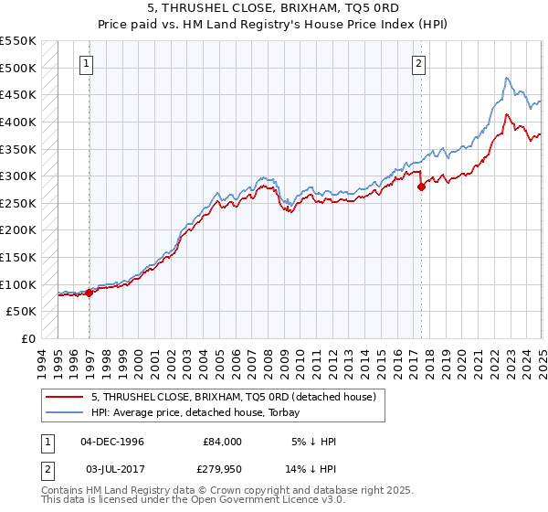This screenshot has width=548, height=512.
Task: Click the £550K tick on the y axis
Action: click(x=18, y=41)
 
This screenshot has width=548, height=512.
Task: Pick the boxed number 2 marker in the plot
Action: click(x=418, y=64)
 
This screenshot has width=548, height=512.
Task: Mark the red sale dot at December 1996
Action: click(x=90, y=293)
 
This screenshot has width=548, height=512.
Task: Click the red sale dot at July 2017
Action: click(x=421, y=187)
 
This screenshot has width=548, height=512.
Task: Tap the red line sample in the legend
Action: click(x=65, y=397)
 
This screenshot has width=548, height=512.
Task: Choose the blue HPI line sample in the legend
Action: click(x=65, y=412)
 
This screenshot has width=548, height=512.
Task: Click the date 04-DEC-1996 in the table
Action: click(x=112, y=442)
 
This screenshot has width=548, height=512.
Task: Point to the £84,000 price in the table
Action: click(x=222, y=442)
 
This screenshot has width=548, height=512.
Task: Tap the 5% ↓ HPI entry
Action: click(x=315, y=442)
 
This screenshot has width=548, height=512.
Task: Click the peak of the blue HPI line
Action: click(x=507, y=78)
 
